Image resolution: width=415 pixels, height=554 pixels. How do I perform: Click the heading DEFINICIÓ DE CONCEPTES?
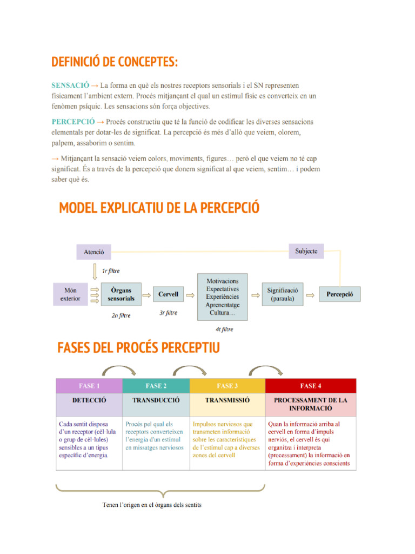tap(115, 62)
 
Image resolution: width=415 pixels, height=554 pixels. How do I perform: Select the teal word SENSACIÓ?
tap(70, 85)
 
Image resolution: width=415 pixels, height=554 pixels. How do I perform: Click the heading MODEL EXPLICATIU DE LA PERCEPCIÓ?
tap(159, 208)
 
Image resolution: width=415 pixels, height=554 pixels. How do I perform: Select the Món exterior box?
tap(70, 294)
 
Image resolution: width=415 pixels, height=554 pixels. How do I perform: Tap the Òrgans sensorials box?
tap(121, 294)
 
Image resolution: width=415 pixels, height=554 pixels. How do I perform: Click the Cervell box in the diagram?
tap(168, 295)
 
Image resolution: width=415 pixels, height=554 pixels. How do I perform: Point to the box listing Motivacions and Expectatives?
tap(223, 296)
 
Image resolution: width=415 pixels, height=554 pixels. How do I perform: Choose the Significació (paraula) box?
tap(283, 294)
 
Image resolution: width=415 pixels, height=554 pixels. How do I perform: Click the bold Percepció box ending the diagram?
tap(339, 295)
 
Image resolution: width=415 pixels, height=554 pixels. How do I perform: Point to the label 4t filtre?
tap(224, 329)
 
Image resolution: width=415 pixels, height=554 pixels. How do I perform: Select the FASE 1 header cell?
tap(89, 386)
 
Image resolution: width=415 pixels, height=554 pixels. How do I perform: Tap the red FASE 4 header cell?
tap(311, 386)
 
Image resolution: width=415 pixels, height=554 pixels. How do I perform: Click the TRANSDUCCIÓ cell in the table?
tap(156, 401)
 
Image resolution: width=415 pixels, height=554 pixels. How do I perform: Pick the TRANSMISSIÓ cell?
tap(227, 401)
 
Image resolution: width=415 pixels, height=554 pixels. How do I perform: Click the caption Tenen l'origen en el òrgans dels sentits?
tap(152, 505)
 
